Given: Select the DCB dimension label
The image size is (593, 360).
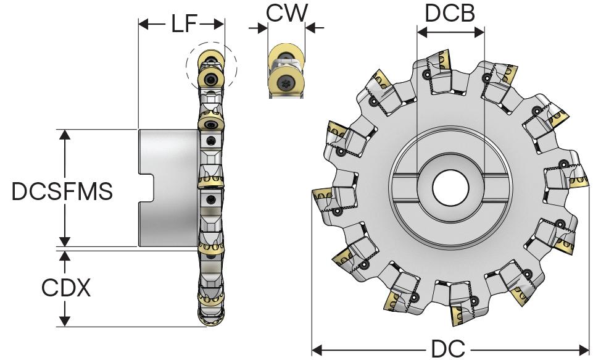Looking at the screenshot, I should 450,13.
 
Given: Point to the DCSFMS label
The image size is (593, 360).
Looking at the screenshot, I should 62,192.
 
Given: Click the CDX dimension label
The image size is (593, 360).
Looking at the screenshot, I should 65,287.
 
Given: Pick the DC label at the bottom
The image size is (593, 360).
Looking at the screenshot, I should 448,349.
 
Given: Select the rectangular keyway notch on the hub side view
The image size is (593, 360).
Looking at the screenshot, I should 146,188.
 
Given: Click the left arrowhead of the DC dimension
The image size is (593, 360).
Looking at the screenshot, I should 317,349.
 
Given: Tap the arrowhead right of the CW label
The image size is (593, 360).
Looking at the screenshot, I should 310,28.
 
